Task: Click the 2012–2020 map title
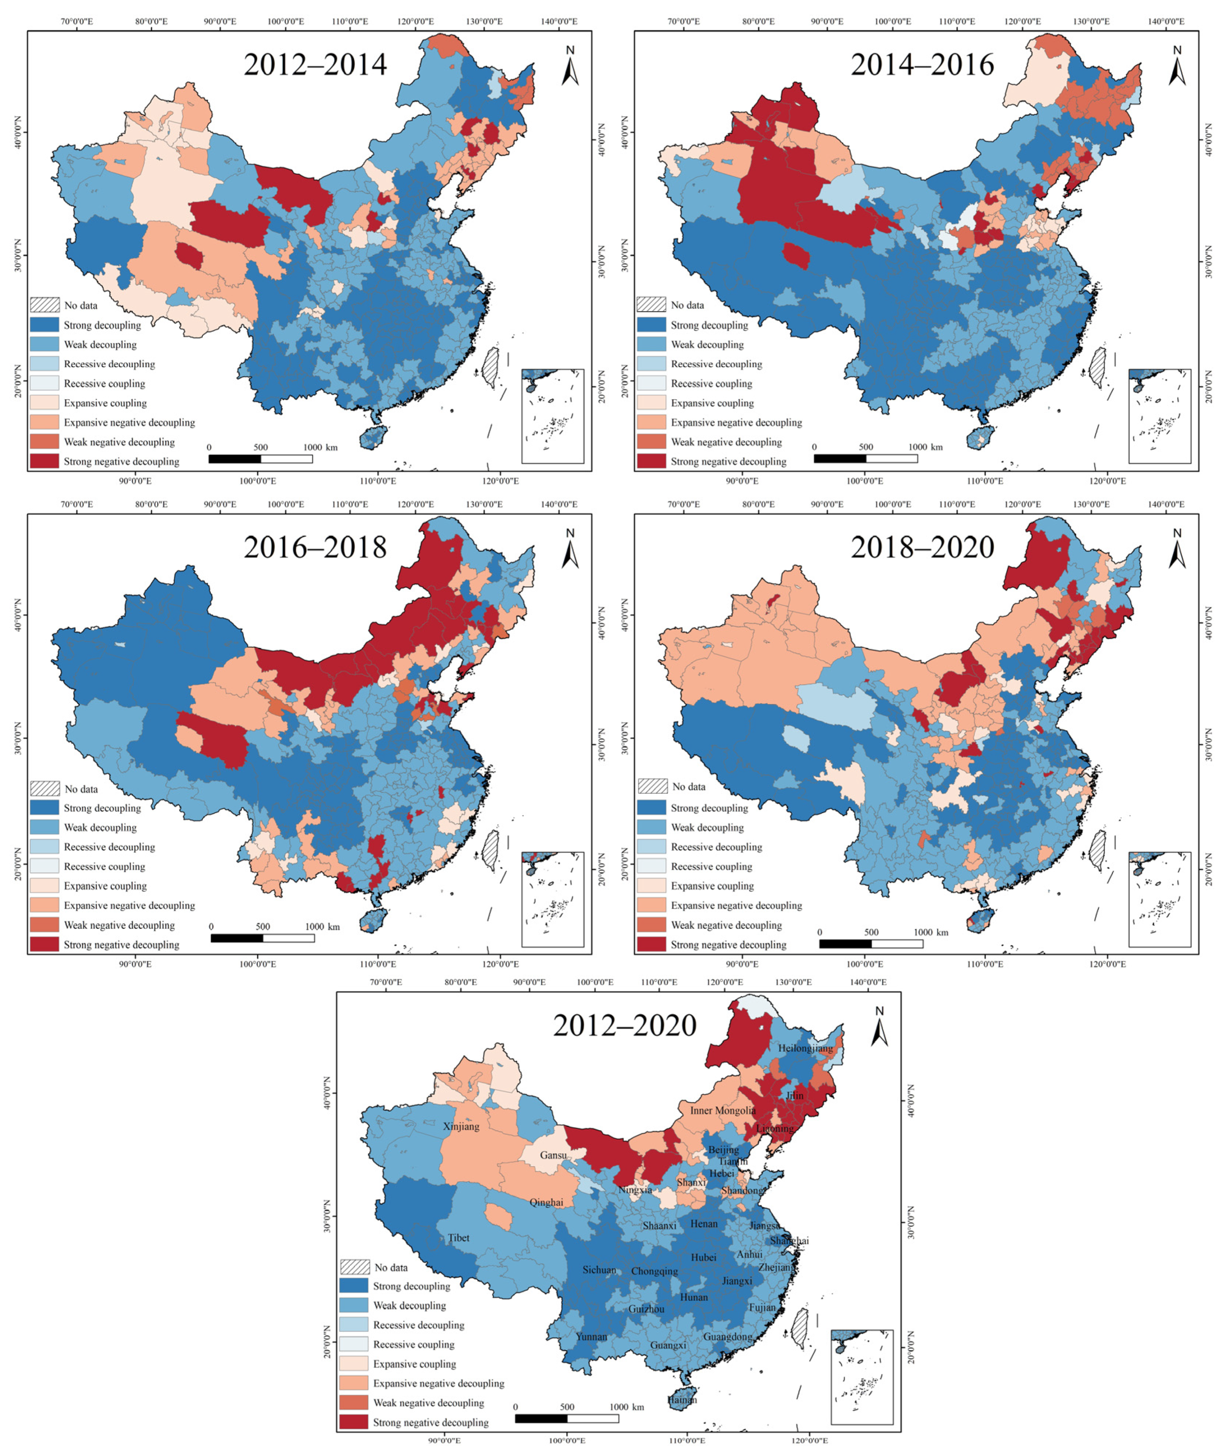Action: [x=624, y=1025]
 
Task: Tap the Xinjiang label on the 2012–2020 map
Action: [x=461, y=1127]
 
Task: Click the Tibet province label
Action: [x=458, y=1237]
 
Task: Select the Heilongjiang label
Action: [x=805, y=1048]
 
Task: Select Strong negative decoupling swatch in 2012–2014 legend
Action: [x=44, y=461]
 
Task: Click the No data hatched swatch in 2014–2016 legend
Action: [x=651, y=305]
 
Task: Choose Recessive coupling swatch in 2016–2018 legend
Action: [x=44, y=867]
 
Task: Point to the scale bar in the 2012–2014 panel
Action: [x=260, y=458]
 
